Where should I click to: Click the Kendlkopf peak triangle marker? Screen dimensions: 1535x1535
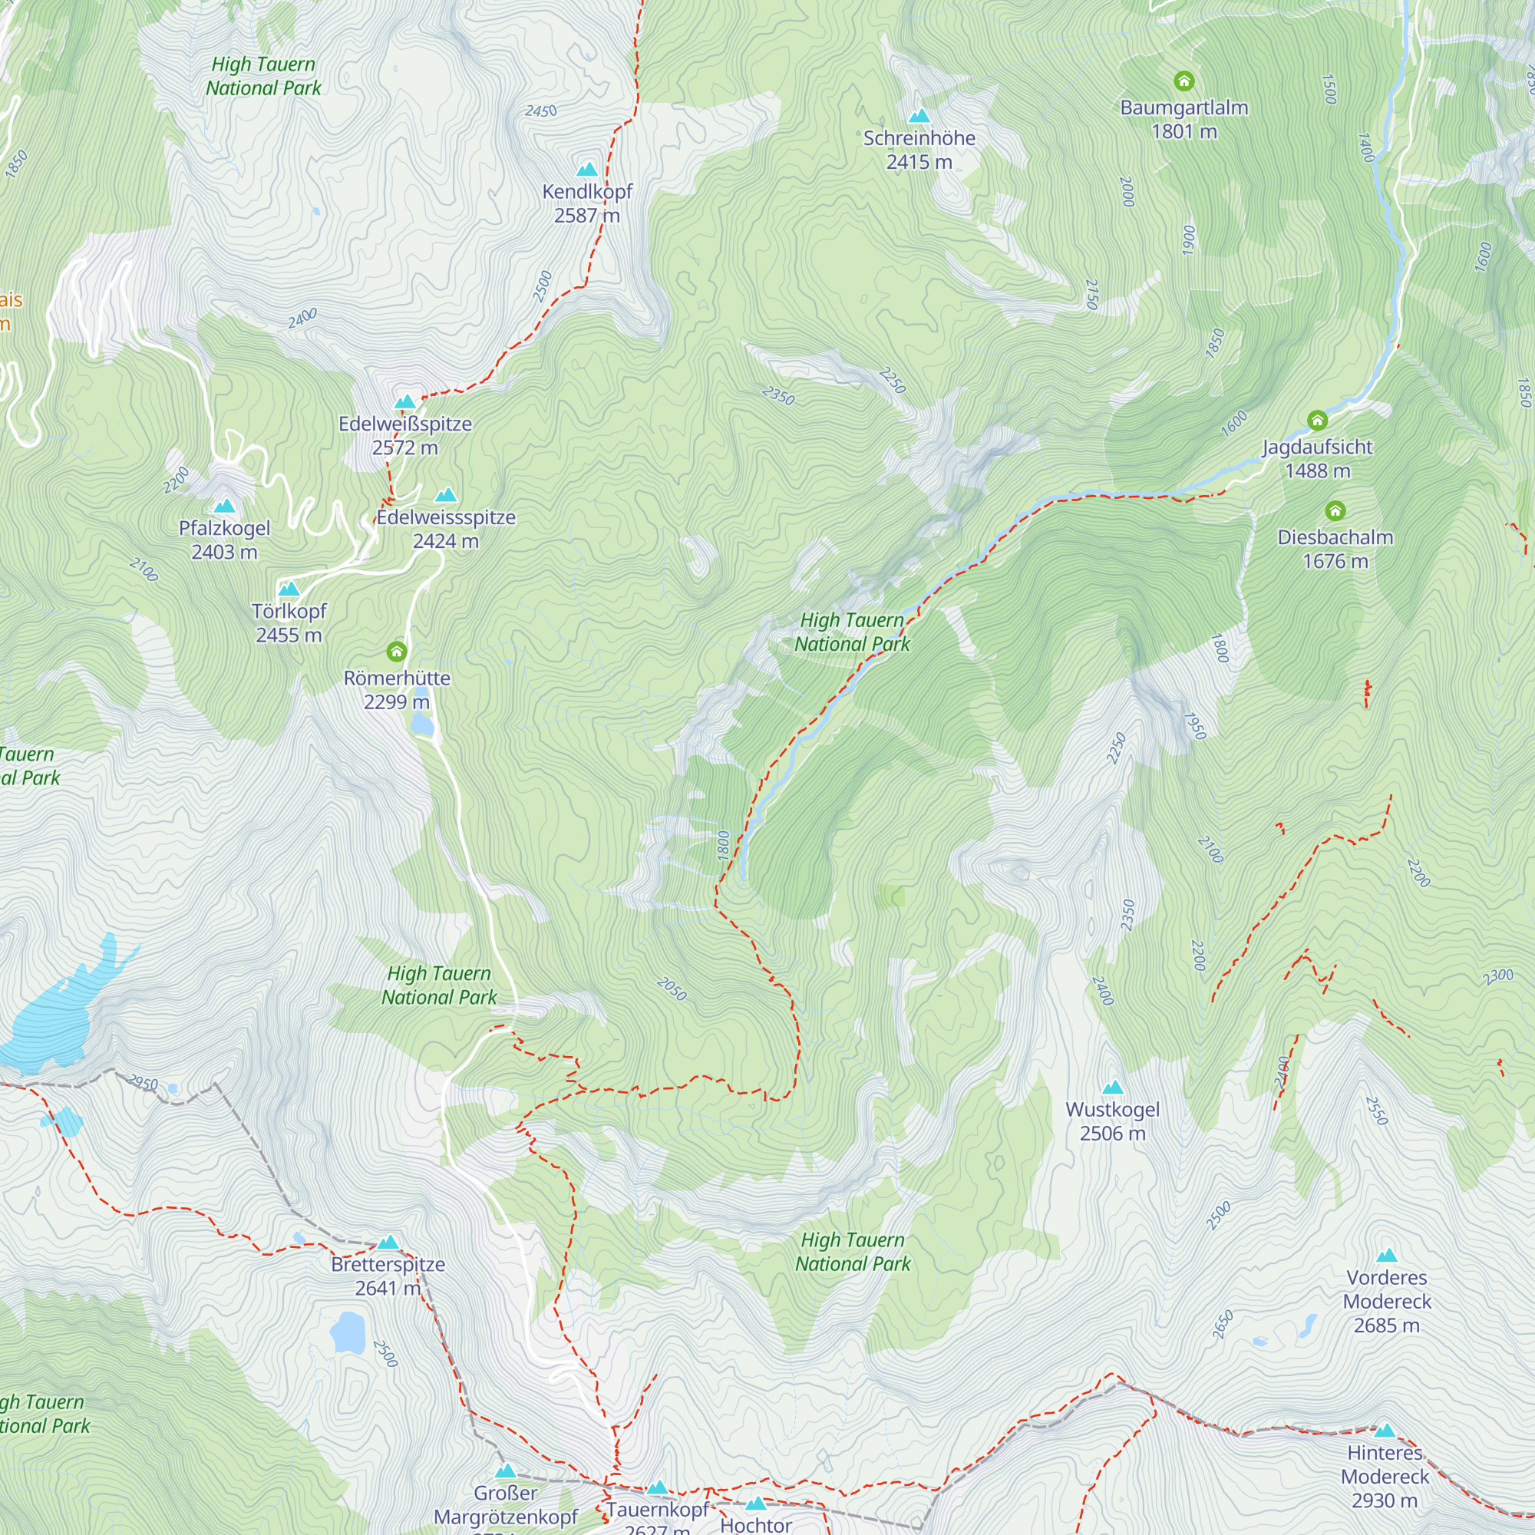coord(587,169)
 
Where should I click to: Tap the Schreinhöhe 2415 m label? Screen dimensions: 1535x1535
coord(919,150)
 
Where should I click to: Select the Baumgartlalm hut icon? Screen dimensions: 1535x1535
coord(1183,81)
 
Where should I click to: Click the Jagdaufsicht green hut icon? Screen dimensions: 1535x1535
coord(1317,421)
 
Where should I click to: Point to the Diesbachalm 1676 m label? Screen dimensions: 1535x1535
coord(1335,549)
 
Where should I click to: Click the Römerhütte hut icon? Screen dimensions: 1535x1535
coord(397,652)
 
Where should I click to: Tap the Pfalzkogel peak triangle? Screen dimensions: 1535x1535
coord(225,506)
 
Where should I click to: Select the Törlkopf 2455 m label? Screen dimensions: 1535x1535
coord(289,623)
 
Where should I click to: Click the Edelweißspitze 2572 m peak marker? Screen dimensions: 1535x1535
coord(405,402)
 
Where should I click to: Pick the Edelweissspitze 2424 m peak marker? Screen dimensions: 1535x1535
coord(446,496)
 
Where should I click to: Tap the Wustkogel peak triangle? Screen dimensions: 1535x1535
coord(1112,1088)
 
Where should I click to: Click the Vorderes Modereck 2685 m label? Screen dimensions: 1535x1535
coord(1386,1302)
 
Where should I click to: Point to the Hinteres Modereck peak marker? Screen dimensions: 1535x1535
coord(1385,1431)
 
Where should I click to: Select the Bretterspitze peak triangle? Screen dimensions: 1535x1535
coord(388,1243)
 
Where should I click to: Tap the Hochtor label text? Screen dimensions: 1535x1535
coord(755,1525)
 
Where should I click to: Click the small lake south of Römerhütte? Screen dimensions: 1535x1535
coord(421,724)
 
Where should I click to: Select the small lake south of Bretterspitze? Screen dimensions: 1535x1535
coord(347,1332)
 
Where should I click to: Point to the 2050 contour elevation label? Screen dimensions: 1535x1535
coord(672,989)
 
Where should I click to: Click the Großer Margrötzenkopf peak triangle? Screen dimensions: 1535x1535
coord(505,1471)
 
